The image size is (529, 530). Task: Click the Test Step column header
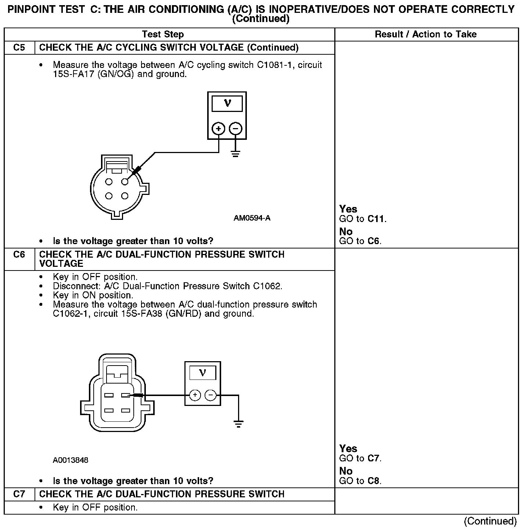[x=163, y=34]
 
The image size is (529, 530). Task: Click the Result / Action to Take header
[x=425, y=34]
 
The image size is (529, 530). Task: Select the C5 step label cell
[x=19, y=47]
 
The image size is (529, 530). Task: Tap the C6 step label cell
[x=19, y=254]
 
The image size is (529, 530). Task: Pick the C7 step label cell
[x=19, y=494]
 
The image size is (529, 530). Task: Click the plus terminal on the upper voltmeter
[x=219, y=129]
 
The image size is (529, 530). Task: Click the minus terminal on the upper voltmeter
[x=235, y=129]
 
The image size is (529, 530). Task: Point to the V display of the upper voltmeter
[x=227, y=104]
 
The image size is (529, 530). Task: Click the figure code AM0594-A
[x=252, y=218]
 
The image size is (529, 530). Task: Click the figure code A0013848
[x=71, y=460]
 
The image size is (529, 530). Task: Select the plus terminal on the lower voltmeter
[x=195, y=395]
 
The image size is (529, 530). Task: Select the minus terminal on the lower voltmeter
[x=210, y=395]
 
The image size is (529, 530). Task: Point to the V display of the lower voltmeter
[x=202, y=373]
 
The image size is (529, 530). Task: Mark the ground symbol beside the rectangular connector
[x=238, y=424]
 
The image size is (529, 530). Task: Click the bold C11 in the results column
[x=376, y=219]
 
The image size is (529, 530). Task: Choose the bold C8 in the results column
[x=374, y=481]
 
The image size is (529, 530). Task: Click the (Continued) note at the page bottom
[x=490, y=521]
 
